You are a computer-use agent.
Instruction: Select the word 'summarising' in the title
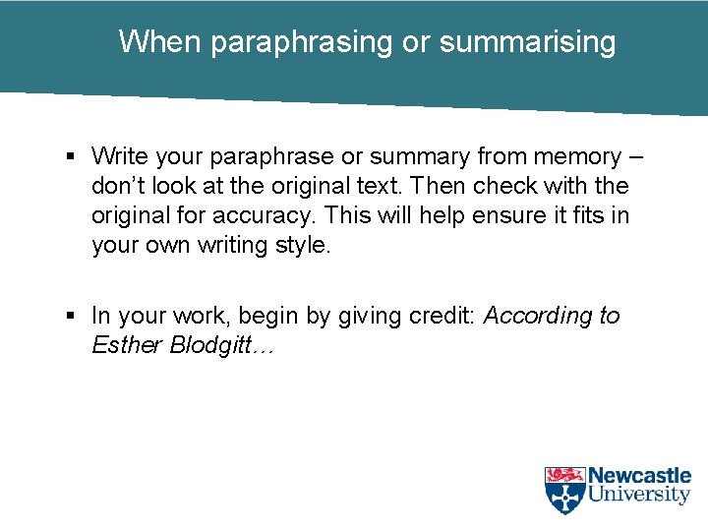pyautogui.click(x=528, y=42)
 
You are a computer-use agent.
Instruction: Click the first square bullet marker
pyautogui.click(x=72, y=156)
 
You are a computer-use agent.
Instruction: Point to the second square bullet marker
pyautogui.click(x=72, y=317)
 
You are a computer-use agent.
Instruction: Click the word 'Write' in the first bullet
pyautogui.click(x=118, y=156)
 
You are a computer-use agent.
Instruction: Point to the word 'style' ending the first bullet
pyautogui.click(x=304, y=245)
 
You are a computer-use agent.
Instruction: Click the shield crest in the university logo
pyautogui.click(x=564, y=490)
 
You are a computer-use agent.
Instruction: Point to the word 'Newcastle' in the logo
pyautogui.click(x=639, y=476)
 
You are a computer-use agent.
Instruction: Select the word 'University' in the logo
pyautogui.click(x=639, y=496)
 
